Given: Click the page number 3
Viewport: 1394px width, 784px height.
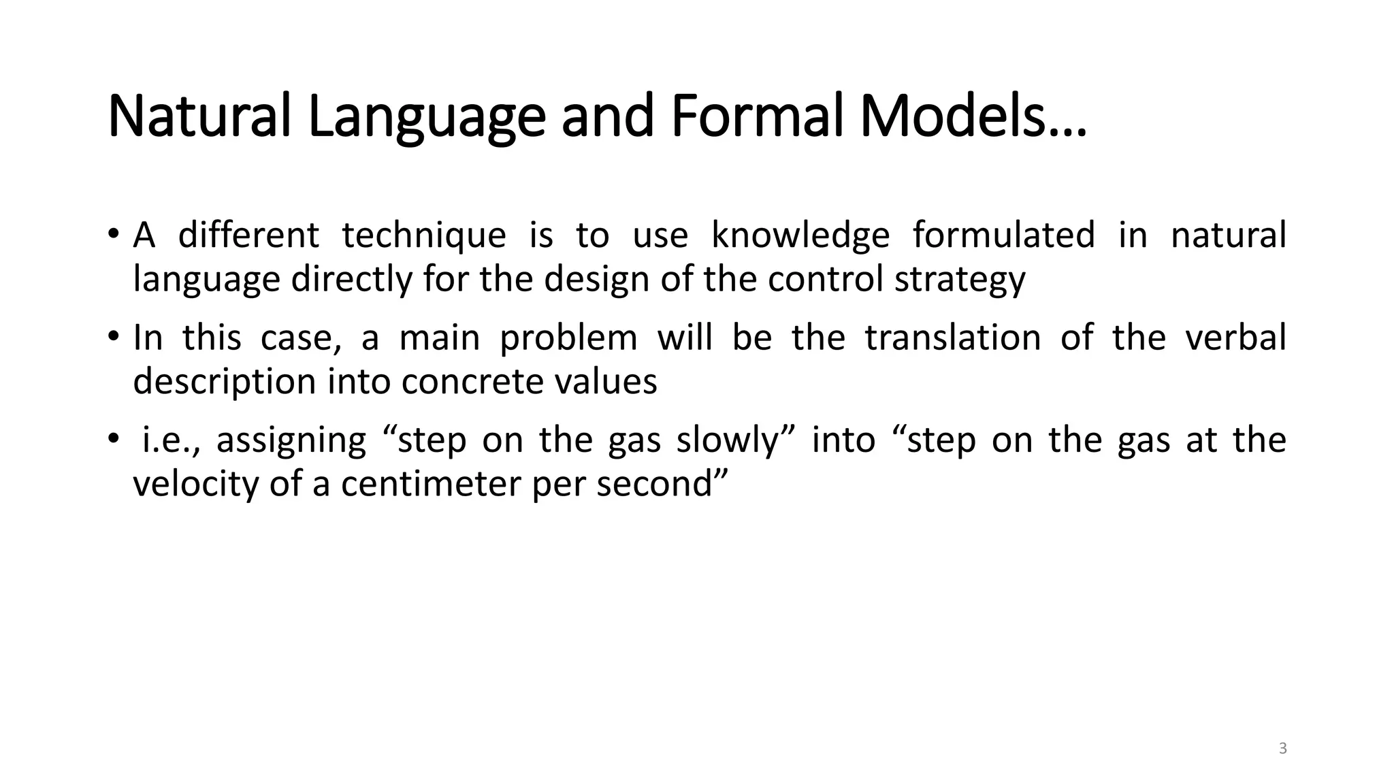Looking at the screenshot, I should click(1283, 749).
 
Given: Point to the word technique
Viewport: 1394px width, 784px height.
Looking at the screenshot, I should click(424, 235).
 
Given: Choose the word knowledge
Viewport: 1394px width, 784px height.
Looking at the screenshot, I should click(800, 235).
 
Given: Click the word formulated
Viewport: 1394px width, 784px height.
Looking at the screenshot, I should click(1004, 235).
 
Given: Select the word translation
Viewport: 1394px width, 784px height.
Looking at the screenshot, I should click(953, 338).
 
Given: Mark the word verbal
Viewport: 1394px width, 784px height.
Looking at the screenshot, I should click(1236, 338).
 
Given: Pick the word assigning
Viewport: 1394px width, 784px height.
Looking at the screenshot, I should click(291, 441).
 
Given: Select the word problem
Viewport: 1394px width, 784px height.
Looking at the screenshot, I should click(568, 339).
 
